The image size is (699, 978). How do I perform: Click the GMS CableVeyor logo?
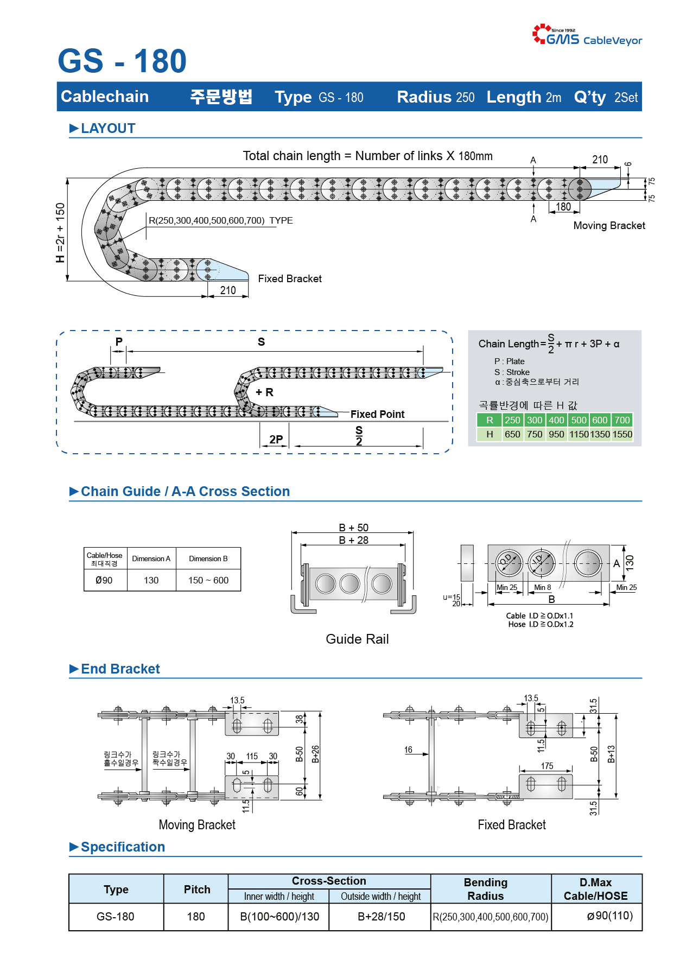[x=587, y=34]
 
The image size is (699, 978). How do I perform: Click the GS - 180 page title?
[x=122, y=61]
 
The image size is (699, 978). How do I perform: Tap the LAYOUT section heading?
[x=103, y=129]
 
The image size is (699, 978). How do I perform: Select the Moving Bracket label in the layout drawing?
[x=609, y=225]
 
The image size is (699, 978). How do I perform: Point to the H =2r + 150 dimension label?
[x=60, y=233]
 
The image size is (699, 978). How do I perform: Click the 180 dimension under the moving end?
[x=563, y=207]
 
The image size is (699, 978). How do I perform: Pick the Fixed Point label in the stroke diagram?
[x=377, y=414]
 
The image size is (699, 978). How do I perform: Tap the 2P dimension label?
[x=276, y=440]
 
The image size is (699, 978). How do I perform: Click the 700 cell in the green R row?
[x=622, y=420]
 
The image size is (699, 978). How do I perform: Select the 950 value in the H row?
[x=556, y=434]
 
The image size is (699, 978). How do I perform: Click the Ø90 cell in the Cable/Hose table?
[x=104, y=580]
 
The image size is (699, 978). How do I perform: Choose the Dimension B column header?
[x=208, y=558]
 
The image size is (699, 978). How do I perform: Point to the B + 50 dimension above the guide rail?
[x=354, y=528]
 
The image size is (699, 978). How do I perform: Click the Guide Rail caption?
[x=357, y=639]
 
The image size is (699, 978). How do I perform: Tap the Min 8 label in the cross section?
[x=542, y=587]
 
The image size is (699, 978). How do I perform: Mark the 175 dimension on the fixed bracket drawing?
[x=547, y=766]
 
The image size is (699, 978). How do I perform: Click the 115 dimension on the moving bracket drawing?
[x=252, y=756]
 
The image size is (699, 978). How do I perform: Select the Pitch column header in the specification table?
[x=197, y=889]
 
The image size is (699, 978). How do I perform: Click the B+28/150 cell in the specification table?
[x=382, y=917]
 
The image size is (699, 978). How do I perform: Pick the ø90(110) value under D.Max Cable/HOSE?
[x=610, y=916]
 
